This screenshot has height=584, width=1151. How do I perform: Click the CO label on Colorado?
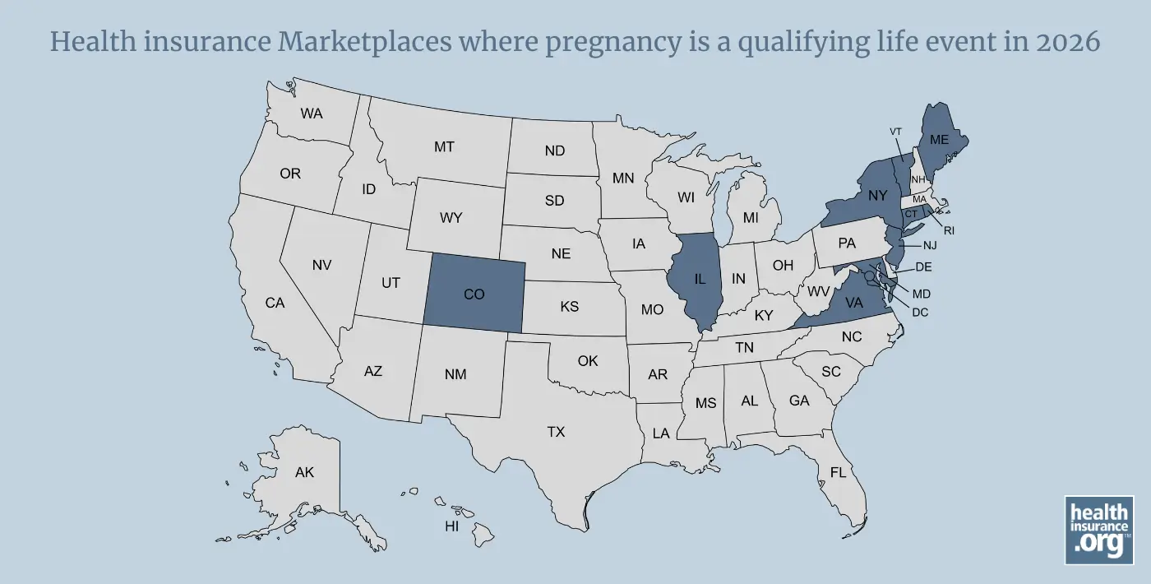[x=474, y=294]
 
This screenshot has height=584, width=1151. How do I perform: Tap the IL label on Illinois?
[x=700, y=279]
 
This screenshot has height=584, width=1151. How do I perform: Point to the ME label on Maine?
[x=939, y=140]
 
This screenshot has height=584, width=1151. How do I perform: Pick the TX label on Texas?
[x=556, y=431]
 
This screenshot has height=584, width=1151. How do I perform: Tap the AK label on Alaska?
[x=304, y=472]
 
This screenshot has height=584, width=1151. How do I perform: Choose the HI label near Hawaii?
[x=451, y=526]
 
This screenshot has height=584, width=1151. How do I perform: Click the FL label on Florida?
[x=838, y=473]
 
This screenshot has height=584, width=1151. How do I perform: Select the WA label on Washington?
[x=312, y=114]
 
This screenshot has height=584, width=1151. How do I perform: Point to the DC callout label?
[x=920, y=312]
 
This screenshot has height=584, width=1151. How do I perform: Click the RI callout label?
[x=950, y=230]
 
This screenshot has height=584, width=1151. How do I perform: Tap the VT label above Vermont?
[x=896, y=132]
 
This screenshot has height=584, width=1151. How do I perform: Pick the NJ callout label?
[x=930, y=244]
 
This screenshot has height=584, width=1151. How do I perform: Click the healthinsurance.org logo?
[x=1099, y=530]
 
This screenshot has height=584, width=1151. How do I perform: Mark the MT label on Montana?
[x=444, y=147]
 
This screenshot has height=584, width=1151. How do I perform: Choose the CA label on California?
[x=275, y=303]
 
